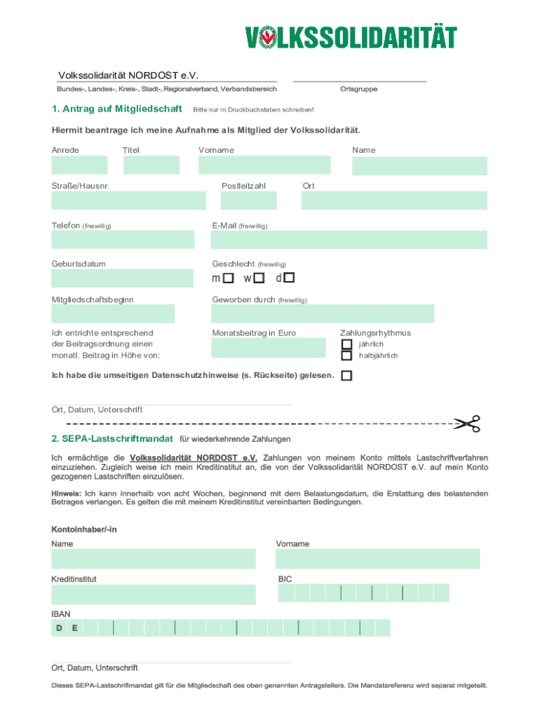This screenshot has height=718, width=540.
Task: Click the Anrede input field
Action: [79, 165]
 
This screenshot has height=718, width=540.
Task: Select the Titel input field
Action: [151, 165]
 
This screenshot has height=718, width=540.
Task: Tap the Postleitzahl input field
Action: [248, 201]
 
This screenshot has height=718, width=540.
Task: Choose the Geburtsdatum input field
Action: [122, 278]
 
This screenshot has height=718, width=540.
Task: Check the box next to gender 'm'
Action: [229, 278]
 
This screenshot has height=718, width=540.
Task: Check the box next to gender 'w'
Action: [259, 278]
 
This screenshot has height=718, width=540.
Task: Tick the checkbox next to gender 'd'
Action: [289, 278]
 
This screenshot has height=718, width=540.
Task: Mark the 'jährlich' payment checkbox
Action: [346, 344]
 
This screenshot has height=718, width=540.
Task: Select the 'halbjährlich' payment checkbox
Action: [346, 355]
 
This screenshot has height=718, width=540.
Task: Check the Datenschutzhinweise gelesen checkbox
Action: [346, 376]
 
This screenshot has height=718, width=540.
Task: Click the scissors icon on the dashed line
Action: [466, 424]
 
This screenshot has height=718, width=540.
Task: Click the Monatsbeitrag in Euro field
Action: [269, 348]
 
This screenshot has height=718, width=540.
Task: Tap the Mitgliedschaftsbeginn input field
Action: [113, 313]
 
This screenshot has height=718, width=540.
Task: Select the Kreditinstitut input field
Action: [153, 595]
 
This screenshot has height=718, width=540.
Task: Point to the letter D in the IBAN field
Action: [60, 628]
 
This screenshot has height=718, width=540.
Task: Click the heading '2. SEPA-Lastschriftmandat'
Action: [112, 439]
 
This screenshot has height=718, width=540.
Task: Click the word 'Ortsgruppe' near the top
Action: [358, 89]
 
